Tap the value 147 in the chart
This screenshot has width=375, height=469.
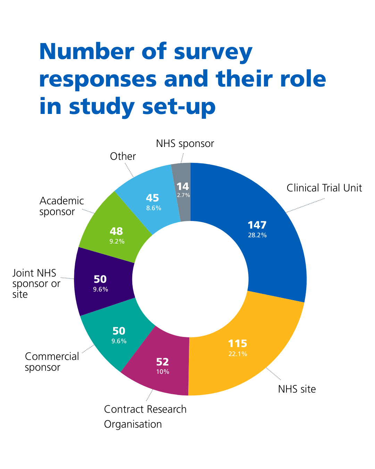pos(257,225)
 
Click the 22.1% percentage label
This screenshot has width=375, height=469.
pos(237,354)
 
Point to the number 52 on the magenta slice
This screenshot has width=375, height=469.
pos(162,362)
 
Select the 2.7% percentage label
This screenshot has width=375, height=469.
pos(183,195)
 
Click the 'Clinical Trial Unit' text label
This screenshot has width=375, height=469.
pos(324,188)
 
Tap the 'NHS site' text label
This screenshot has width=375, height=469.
pos(297,389)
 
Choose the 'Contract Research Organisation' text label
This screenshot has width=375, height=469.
pos(145,417)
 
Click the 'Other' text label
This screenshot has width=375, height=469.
pos(123,156)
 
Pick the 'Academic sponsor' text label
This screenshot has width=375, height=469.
pos(61,206)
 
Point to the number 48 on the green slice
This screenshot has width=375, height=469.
pos(116,231)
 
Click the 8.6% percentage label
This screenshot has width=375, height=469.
pos(153,208)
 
